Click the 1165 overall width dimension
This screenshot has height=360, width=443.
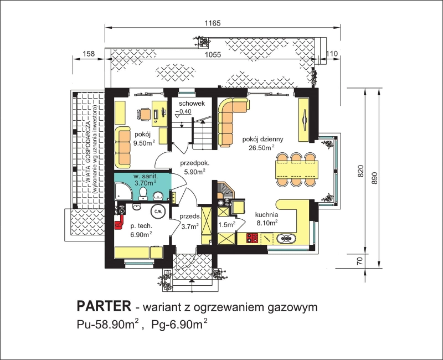tap(213, 23)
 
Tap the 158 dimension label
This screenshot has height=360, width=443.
tap(89, 53)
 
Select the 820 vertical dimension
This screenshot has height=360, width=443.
tap(361, 171)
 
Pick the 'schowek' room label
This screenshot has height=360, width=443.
tap(192, 104)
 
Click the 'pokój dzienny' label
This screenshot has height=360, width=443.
tap(262, 139)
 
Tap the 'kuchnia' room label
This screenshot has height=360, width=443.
tap(266, 215)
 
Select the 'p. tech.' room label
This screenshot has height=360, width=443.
tap(141, 226)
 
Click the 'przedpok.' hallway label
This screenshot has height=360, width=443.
tap(195, 163)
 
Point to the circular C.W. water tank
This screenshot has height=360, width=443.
tap(158, 212)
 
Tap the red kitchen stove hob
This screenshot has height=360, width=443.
tap(253, 238)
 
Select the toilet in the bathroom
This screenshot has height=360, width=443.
tap(143, 193)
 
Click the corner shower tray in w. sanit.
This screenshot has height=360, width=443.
tap(123, 191)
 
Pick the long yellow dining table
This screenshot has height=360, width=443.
tap(297, 169)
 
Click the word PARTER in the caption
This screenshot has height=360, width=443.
tap(104, 306)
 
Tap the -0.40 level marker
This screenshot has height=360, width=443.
tap(186, 111)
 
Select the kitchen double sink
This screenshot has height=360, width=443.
tap(286, 239)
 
